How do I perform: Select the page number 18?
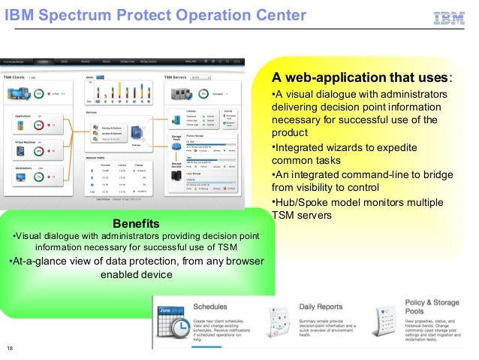coord(10,346)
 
